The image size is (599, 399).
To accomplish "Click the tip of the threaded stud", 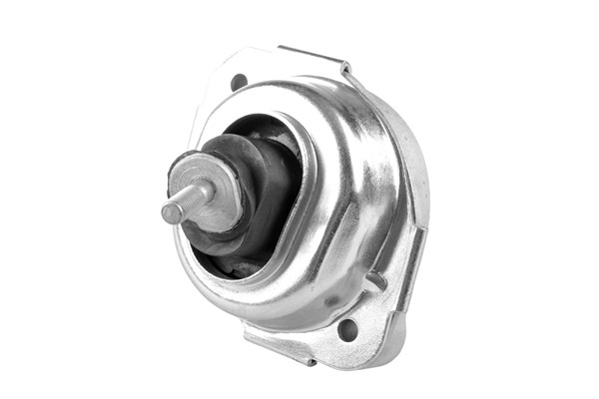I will pyautogui.click(x=166, y=211).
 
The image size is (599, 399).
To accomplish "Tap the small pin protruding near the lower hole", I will pyautogui.click(x=374, y=282).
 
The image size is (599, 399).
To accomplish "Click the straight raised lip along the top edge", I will pyautogui.click(x=309, y=54).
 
